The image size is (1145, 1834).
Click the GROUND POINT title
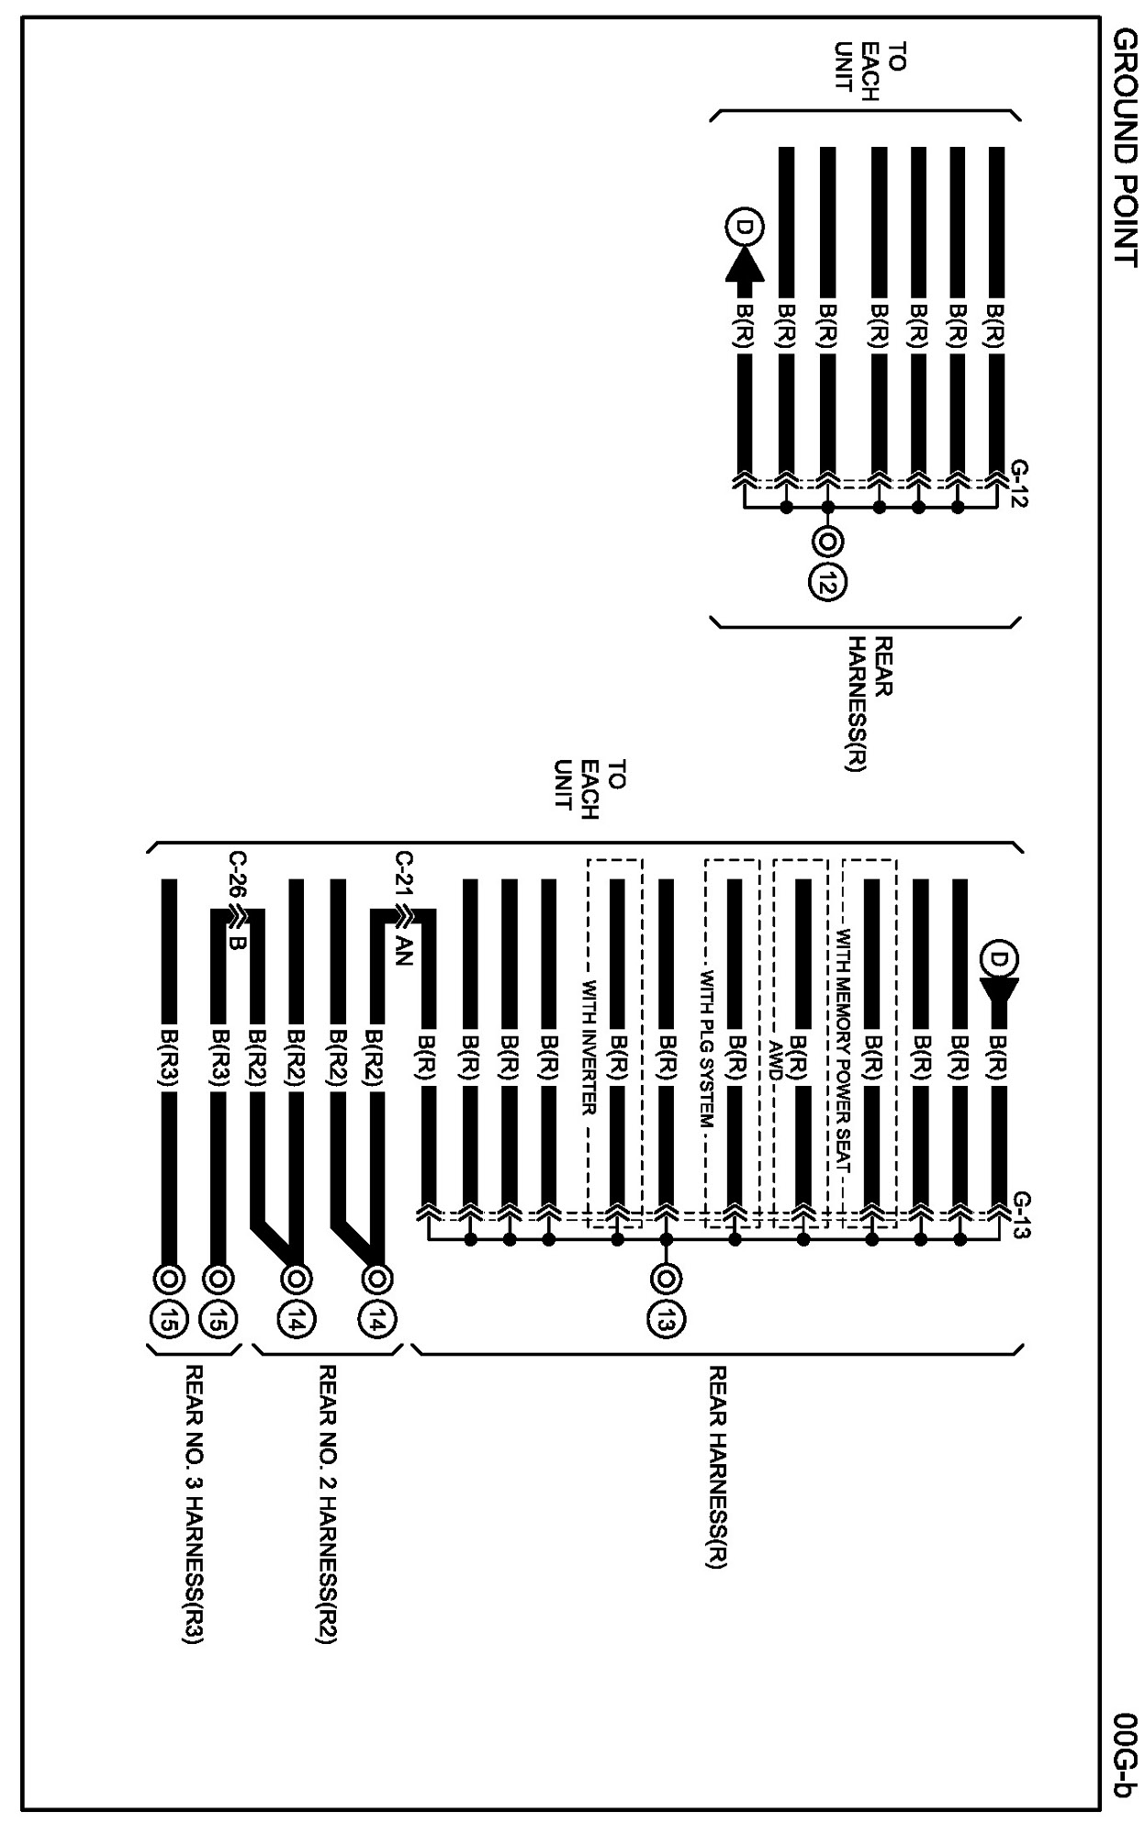tap(1124, 146)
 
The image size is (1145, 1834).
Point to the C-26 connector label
tap(237, 878)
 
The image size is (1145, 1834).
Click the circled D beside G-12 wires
tap(743, 226)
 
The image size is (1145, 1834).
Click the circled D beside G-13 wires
tap(998, 958)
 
